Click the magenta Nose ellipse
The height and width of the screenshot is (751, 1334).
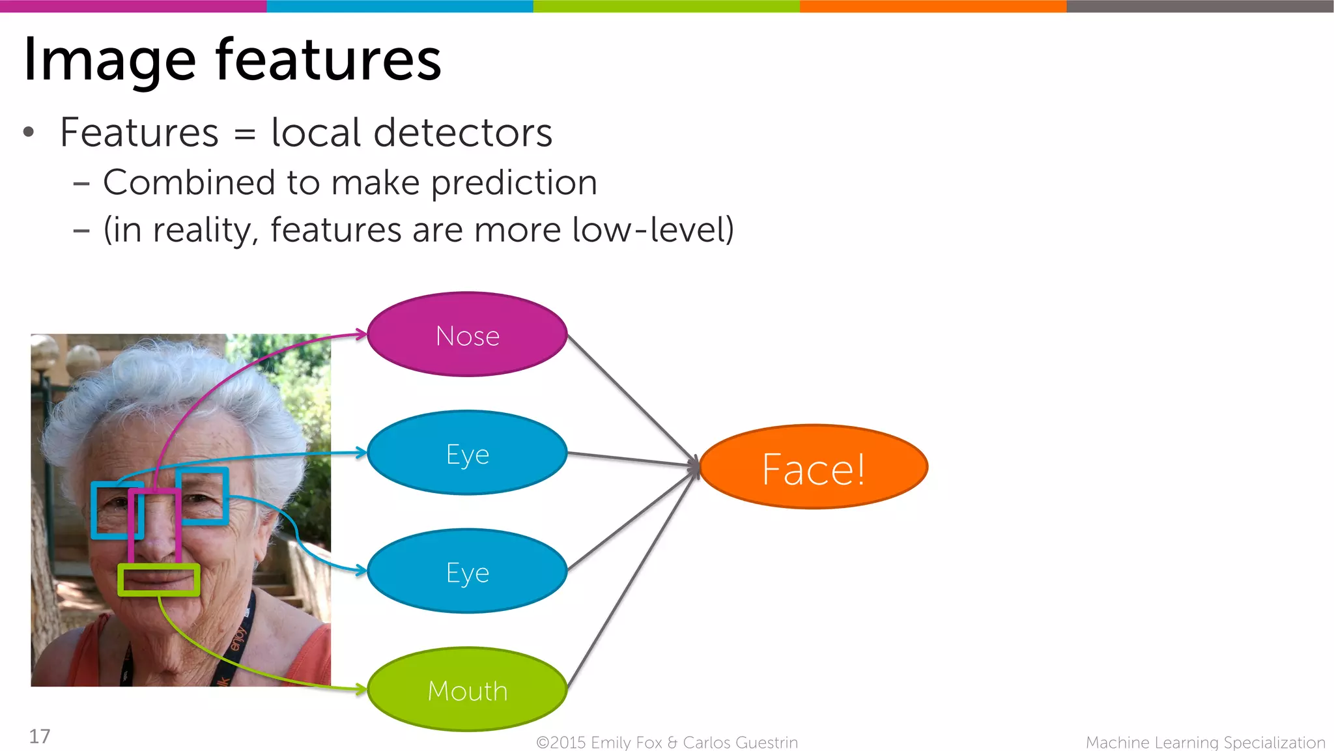tap(467, 335)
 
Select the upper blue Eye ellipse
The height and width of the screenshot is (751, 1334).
tap(467, 453)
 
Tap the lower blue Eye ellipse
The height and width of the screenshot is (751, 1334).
tap(467, 571)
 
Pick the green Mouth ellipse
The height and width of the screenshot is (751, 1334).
tap(467, 689)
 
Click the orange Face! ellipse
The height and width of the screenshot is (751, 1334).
tap(813, 467)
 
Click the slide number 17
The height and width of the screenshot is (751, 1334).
tap(39, 736)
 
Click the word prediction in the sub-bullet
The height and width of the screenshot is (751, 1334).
tap(514, 183)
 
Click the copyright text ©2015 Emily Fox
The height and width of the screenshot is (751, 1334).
tap(599, 743)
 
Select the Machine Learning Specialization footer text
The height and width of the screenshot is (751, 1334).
tap(1205, 743)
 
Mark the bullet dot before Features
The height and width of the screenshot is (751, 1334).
tap(28, 132)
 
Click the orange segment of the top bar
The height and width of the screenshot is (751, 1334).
tap(933, 6)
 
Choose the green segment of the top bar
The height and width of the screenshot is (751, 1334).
tap(666, 6)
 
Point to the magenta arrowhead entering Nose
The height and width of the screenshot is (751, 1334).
tap(361, 335)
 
